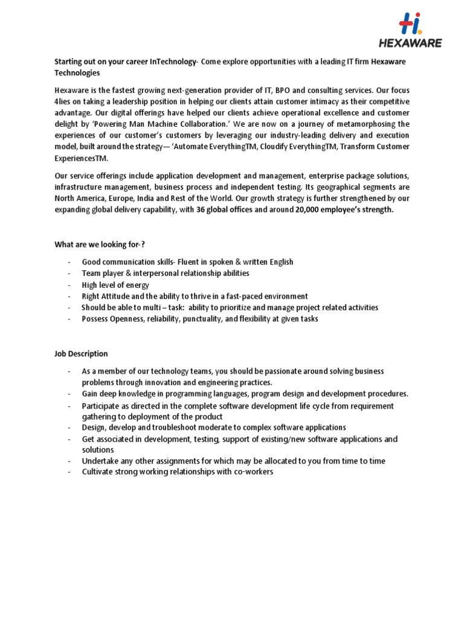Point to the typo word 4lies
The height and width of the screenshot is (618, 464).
pos(63,101)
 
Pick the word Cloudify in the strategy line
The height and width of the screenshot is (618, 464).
pos(299,147)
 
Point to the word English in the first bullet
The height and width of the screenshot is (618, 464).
pos(277,262)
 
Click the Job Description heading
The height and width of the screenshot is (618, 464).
pos(81,354)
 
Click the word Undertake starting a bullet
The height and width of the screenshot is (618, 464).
pos(101,461)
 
